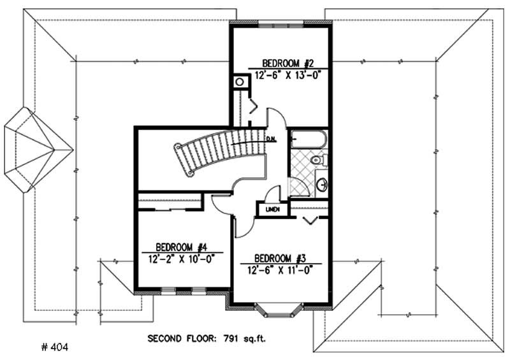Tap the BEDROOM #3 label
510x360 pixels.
[x=280, y=258]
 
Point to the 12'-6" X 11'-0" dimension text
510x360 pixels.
[x=280, y=269]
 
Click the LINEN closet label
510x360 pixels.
[x=272, y=209]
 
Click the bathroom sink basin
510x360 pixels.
[x=323, y=185]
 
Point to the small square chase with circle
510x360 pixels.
[x=240, y=82]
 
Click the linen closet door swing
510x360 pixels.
[x=274, y=192]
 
